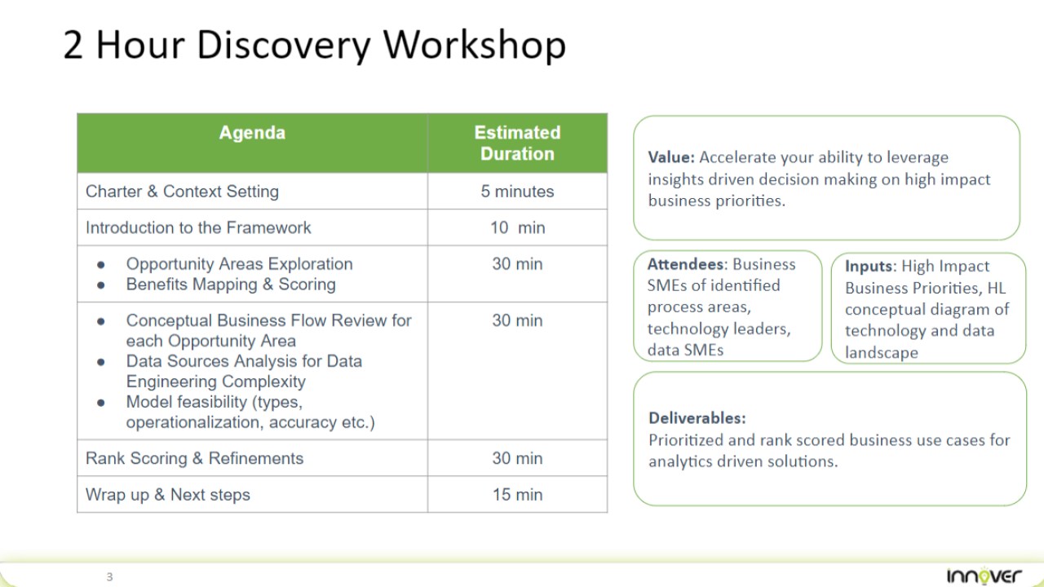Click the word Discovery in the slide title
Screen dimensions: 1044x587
(x=283, y=46)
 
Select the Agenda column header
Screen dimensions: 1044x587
(x=252, y=133)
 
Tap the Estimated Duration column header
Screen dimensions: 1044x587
(x=517, y=143)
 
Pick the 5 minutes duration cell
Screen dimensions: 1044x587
(x=517, y=192)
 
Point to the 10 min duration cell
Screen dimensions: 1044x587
(x=517, y=227)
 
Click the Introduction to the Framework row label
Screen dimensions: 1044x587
(x=198, y=227)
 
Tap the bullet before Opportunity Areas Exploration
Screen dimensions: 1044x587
(x=100, y=265)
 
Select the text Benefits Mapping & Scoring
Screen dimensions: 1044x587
(x=231, y=285)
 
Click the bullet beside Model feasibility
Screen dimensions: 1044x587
(x=100, y=403)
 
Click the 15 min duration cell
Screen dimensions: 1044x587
(x=517, y=495)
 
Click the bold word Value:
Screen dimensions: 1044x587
(x=671, y=157)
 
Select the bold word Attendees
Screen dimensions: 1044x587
(x=685, y=264)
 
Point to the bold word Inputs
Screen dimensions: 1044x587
(x=869, y=266)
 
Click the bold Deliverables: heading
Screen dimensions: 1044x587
(x=697, y=418)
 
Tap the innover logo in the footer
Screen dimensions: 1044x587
(x=984, y=576)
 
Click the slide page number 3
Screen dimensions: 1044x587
(x=109, y=576)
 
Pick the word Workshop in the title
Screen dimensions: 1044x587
(x=475, y=45)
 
